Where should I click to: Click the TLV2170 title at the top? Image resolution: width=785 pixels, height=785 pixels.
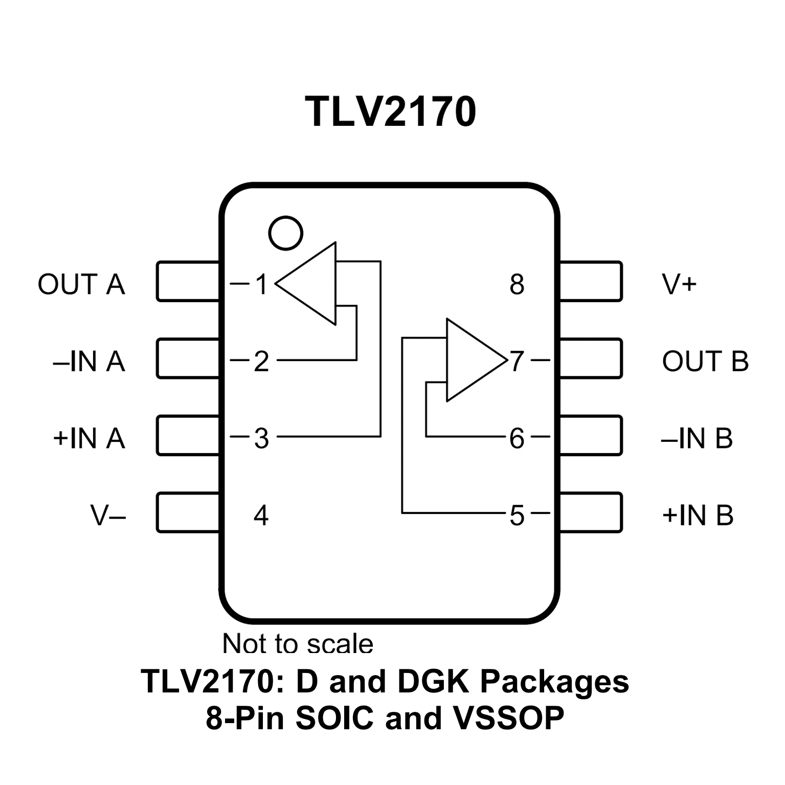391,111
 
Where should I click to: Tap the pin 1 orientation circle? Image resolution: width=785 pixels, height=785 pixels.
285,233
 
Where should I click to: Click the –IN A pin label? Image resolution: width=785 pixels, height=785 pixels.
89,361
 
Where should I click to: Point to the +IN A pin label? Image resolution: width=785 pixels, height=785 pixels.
89,438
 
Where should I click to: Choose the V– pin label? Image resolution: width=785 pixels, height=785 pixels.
108,515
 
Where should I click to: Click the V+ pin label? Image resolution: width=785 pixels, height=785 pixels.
680,284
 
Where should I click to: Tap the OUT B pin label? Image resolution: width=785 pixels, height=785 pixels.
705,361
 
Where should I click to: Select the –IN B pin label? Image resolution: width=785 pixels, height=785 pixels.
697,438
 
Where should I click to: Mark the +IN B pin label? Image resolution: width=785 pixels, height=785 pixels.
698,515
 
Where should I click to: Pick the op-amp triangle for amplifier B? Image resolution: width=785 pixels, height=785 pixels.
470,360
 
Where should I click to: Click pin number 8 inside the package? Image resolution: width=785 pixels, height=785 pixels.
517,284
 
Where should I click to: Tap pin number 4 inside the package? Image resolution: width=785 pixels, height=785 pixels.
261,515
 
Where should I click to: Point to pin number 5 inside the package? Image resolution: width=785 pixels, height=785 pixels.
517,515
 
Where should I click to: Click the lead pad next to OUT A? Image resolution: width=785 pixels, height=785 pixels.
188,281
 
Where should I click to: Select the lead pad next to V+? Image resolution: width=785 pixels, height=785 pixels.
591,281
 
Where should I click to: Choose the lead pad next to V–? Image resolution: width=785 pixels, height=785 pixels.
188,512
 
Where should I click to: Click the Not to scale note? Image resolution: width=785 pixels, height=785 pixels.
298,643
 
